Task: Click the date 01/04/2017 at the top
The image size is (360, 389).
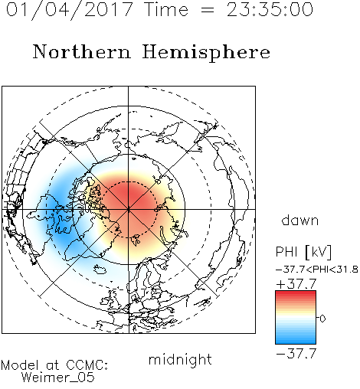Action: (70, 9)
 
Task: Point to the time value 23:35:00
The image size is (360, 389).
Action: (270, 9)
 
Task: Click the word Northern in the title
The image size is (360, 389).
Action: (82, 51)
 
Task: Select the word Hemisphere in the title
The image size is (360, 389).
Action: (206, 52)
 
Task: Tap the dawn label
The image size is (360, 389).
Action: (300, 221)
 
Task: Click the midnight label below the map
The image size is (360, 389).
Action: (180, 360)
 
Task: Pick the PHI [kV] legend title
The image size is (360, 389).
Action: (303, 252)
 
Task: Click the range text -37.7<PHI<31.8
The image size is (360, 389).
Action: (317, 270)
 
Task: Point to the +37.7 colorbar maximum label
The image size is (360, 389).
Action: (296, 284)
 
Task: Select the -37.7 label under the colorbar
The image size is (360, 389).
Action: (296, 354)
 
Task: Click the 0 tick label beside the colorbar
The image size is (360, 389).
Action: (322, 319)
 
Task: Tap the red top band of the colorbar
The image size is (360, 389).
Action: (296, 295)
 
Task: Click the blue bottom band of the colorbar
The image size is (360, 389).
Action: (296, 340)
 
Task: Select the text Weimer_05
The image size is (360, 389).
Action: (58, 378)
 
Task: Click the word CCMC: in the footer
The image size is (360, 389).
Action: (87, 365)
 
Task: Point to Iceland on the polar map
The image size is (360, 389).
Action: (100, 269)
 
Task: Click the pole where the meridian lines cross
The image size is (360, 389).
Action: (129, 209)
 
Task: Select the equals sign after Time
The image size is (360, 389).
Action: (207, 10)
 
